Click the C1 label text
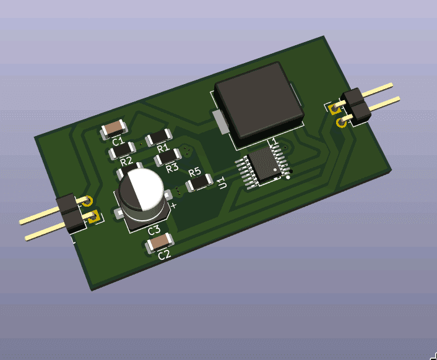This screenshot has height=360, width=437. [x=118, y=141]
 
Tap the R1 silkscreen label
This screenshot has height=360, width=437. [x=163, y=148]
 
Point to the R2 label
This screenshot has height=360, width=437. [x=126, y=161]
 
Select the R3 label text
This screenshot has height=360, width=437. [x=172, y=168]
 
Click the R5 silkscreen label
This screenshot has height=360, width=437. [x=194, y=172]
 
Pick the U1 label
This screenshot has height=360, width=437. [x=223, y=183]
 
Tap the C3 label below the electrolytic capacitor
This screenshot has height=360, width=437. [x=154, y=230]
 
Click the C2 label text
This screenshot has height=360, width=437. [x=164, y=255]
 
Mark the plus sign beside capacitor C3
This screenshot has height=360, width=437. [x=174, y=206]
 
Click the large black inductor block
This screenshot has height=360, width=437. [x=259, y=101]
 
